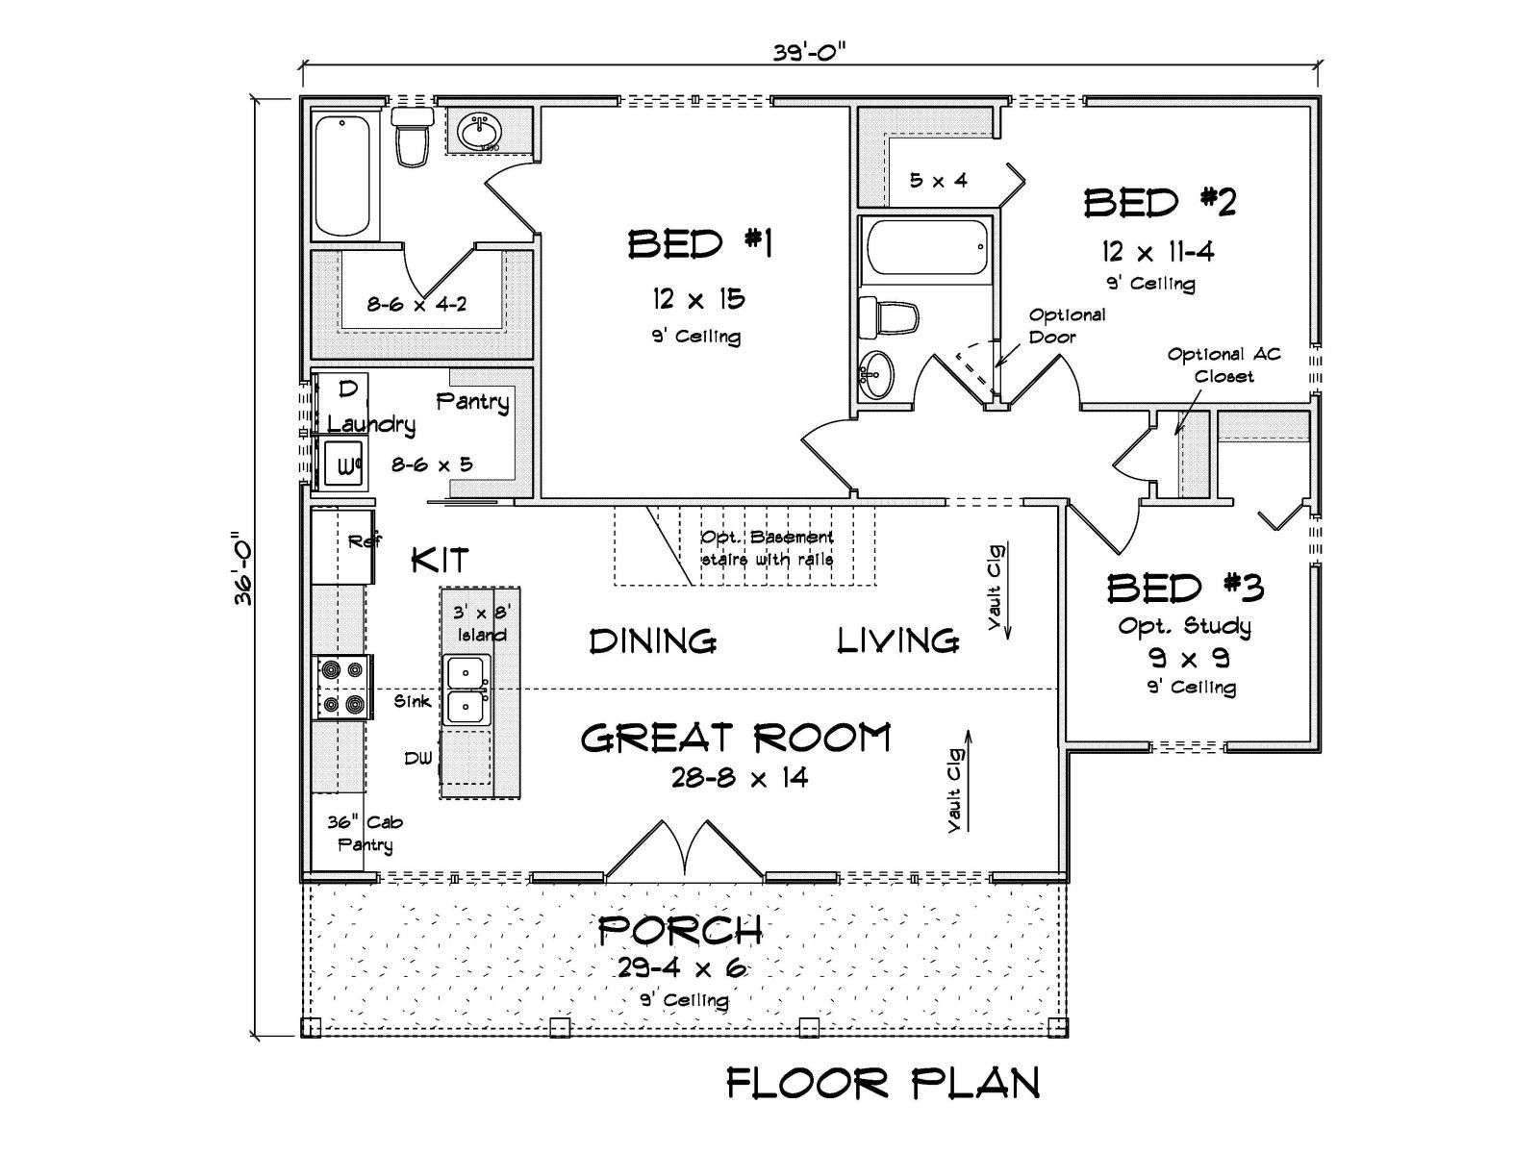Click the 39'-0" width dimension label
tap(810, 53)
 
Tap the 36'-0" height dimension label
tap(244, 567)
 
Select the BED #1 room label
tap(699, 244)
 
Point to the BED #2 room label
tap(1160, 202)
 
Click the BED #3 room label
tap(1185, 588)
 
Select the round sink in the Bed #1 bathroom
tap(480, 132)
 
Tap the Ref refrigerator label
tap(365, 540)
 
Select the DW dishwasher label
tap(417, 758)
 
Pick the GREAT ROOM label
tap(736, 738)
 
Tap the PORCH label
tap(679, 930)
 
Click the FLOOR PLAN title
tap(883, 1083)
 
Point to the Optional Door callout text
tap(1067, 326)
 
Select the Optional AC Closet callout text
tap(1224, 365)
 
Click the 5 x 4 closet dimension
tap(938, 180)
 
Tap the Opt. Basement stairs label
tap(767, 548)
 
